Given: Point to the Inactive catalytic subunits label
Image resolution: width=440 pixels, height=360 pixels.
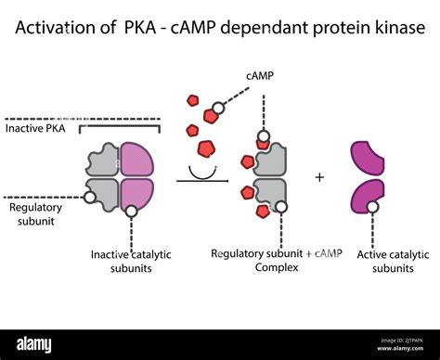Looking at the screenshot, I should pos(131,262).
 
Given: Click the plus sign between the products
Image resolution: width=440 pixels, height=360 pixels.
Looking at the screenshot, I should pos(320,176).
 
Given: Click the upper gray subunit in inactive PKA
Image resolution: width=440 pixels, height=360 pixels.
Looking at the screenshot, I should pos(104,160).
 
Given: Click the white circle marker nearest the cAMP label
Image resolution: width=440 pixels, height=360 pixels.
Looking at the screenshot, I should pos(217,111).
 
